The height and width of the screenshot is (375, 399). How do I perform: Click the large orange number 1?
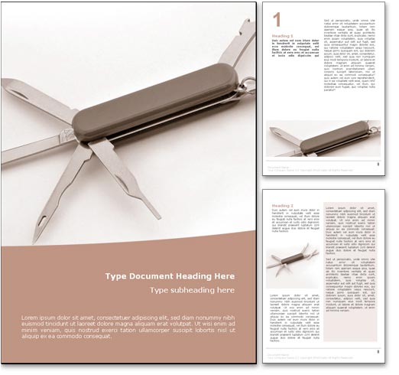tap(277, 18)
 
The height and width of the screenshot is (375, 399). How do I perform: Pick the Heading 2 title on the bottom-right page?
tap(283, 206)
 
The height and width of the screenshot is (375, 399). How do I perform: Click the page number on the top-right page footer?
tap(380, 163)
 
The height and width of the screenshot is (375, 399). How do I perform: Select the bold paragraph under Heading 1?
tap(294, 48)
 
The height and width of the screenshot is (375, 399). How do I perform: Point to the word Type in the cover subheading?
tap(158, 290)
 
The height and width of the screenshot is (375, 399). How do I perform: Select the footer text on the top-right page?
tap(306, 165)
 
